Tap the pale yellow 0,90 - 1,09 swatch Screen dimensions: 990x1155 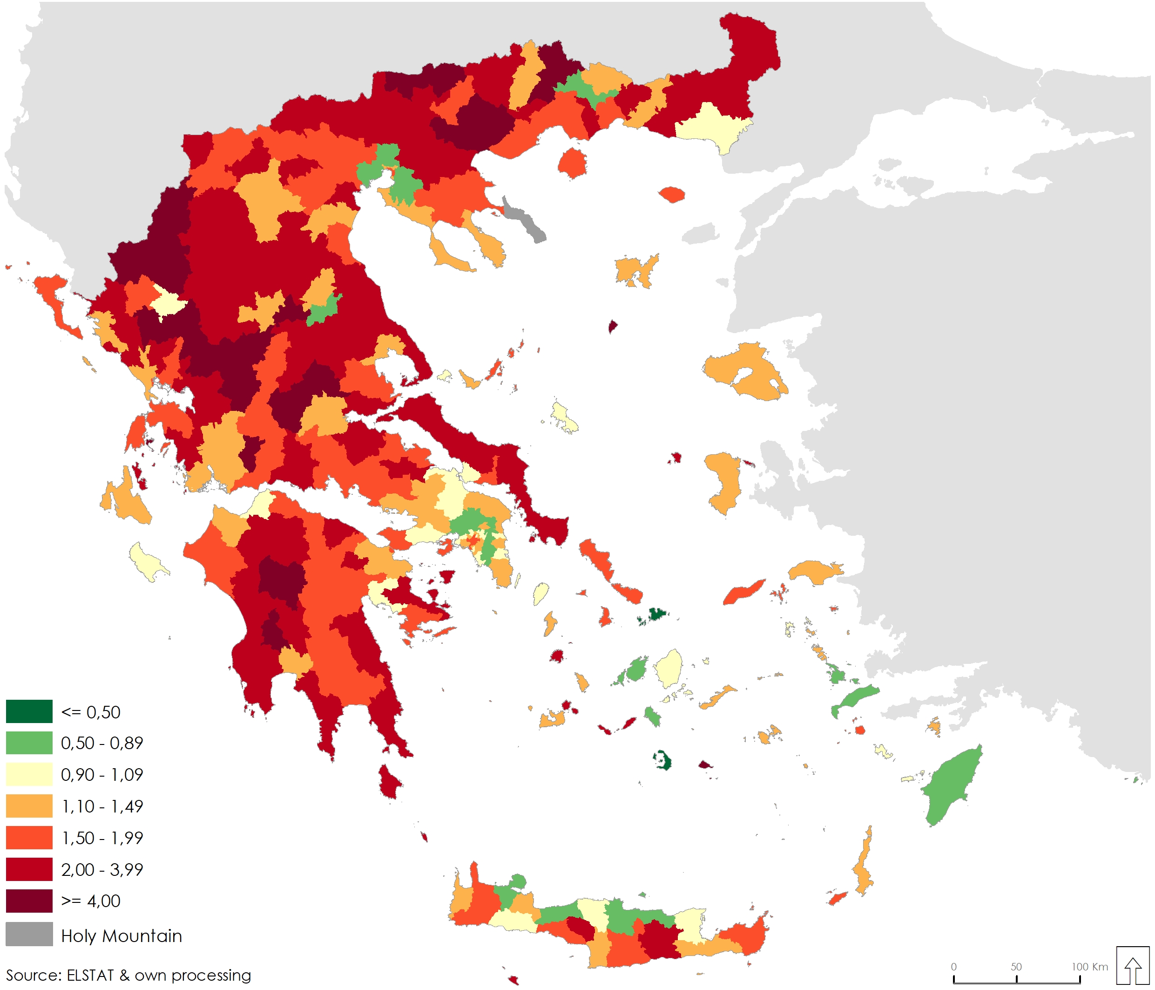(29, 774)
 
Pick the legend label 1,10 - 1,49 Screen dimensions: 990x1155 (102, 806)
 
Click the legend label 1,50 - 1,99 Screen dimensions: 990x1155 (102, 838)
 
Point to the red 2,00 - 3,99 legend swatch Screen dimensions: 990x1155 (29, 869)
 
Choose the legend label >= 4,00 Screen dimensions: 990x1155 (91, 901)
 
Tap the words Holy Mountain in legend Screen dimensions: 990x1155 (122, 935)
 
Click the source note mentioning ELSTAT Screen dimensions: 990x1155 (128, 975)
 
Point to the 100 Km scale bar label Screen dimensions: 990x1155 (1089, 967)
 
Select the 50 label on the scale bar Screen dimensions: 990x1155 (1016, 967)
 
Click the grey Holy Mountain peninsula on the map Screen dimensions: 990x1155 (524, 219)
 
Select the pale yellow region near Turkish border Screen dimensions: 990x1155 (711, 125)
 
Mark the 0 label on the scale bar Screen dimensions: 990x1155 (954, 967)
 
